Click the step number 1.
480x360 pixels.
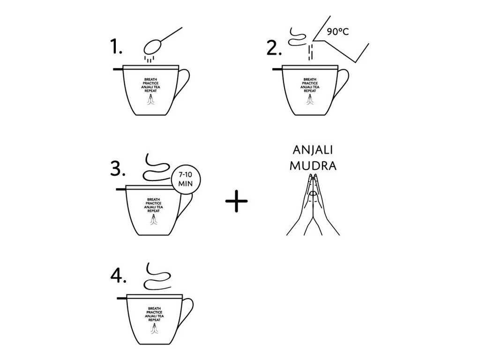[x=116, y=47]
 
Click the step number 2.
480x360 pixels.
[x=274, y=48]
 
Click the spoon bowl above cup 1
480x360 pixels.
[x=152, y=47]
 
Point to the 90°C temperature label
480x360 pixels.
[x=337, y=31]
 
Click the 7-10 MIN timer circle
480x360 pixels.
[x=186, y=180]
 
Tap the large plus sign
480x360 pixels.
[x=236, y=201]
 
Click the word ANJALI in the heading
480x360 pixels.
[x=313, y=150]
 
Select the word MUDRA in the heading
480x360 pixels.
[x=313, y=165]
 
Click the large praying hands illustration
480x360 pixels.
[x=313, y=204]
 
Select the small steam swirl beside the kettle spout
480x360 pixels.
[x=297, y=37]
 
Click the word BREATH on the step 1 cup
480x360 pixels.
[x=150, y=80]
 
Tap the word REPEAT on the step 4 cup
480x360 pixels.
[x=154, y=320]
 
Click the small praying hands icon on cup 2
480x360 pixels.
[x=310, y=100]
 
